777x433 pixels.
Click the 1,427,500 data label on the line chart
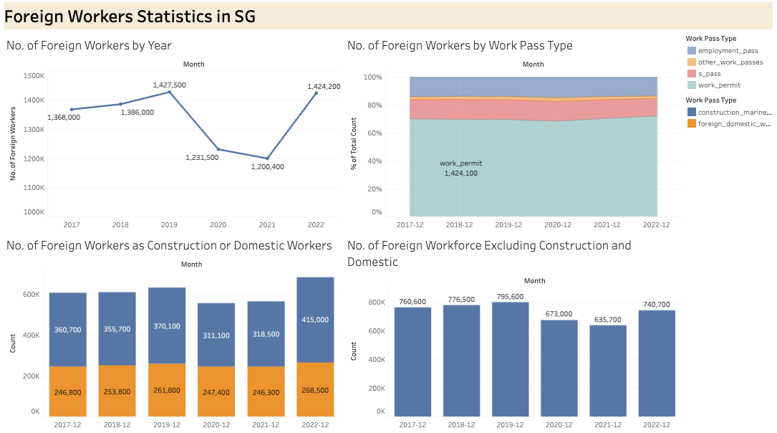tap(169, 85)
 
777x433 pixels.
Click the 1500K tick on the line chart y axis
tap(34, 75)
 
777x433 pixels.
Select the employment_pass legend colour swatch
tap(692, 51)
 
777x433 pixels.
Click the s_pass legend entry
tap(709, 74)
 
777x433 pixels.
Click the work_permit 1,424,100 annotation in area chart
tap(460, 168)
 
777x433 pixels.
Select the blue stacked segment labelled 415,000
tap(315, 320)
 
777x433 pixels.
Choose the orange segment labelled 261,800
tap(167, 390)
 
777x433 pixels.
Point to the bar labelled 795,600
tap(510, 358)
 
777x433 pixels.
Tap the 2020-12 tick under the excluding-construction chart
tap(559, 424)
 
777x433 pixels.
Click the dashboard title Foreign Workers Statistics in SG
tap(130, 16)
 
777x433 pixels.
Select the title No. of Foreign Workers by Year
tap(89, 45)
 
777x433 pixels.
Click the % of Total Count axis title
tap(354, 146)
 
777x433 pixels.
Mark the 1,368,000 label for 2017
tap(64, 117)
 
